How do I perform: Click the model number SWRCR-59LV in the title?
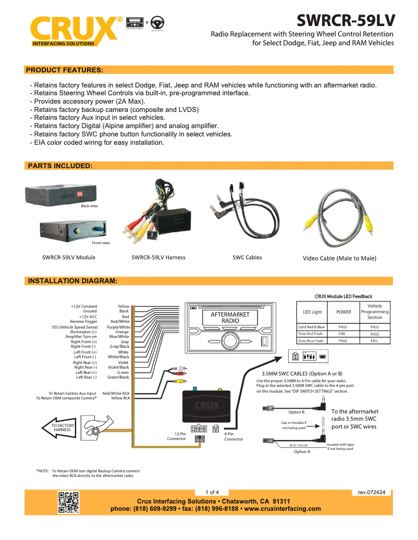pyautogui.click(x=346, y=20)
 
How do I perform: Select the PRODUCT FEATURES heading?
pyautogui.click(x=65, y=70)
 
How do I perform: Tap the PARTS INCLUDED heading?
pyautogui.click(x=60, y=166)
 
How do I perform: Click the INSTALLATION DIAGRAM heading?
pyautogui.click(x=72, y=281)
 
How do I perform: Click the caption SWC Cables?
pyautogui.click(x=247, y=257)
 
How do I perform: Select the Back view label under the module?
pyautogui.click(x=89, y=206)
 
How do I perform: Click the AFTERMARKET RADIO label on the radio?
pyautogui.click(x=230, y=318)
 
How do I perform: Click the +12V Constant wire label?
pyautogui.click(x=84, y=307)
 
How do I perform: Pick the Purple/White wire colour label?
pyautogui.click(x=118, y=327)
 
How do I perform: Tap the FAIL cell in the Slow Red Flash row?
pyautogui.click(x=343, y=334)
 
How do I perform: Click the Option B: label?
pyautogui.click(x=297, y=412)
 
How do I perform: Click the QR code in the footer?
pyautogui.click(x=68, y=502)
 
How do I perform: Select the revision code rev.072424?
pyautogui.click(x=372, y=492)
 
